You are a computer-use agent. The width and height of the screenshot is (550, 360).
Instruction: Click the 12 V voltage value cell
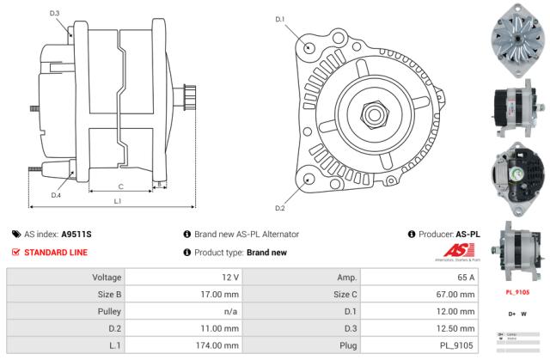point(229,278)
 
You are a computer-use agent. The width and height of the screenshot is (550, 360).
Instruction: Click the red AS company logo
point(444,253)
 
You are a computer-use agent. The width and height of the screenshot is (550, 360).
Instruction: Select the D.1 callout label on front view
point(280,19)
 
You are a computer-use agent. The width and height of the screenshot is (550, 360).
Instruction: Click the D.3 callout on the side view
point(55,13)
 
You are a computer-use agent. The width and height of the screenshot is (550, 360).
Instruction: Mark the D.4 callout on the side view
point(55,195)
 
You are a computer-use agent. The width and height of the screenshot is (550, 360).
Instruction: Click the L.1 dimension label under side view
point(118,200)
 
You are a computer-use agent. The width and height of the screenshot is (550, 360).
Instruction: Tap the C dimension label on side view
point(120,186)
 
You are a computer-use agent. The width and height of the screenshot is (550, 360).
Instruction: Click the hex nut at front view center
point(375,112)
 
